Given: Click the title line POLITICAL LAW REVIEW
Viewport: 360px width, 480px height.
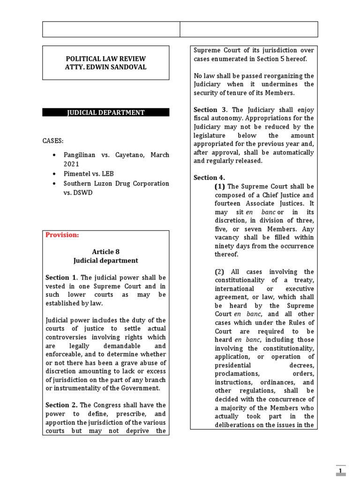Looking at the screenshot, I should coord(105,59).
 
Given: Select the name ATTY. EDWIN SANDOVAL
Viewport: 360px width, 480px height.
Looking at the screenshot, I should coord(105,67).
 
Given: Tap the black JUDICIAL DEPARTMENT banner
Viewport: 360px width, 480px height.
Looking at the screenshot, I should coord(105,112).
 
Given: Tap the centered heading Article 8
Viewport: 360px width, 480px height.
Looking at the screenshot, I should coord(105,252).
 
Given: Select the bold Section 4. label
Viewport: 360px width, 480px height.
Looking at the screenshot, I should coord(209,178).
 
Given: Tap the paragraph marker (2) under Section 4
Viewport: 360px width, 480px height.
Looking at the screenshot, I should coord(220,272).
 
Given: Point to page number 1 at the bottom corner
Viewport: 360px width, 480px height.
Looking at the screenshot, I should coord(341,471).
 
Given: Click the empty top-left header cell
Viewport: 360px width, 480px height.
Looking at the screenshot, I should coord(111,29).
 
